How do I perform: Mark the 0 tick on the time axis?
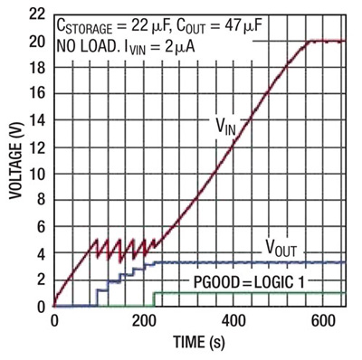(x=54, y=322)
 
